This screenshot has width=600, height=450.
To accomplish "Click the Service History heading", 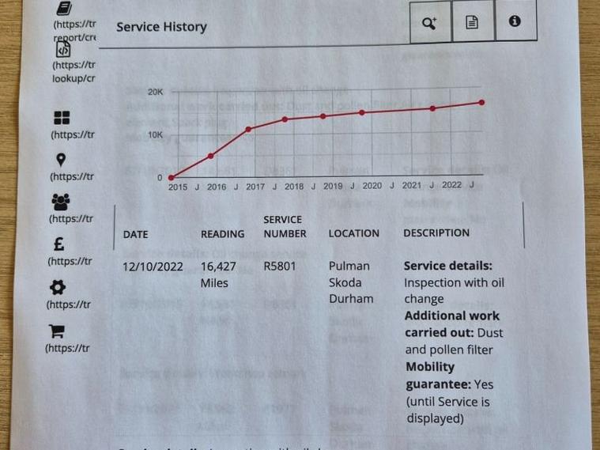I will (161, 27).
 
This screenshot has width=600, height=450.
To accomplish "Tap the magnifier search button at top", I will (429, 22).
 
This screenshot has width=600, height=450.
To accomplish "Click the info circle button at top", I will (515, 21).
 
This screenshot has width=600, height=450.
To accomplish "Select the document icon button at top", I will (472, 22).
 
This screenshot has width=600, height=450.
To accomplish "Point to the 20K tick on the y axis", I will (155, 93).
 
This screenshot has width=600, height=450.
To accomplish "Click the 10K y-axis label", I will (155, 135).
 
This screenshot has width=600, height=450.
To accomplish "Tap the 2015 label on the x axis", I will (179, 187).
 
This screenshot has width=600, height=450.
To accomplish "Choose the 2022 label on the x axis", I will (451, 186).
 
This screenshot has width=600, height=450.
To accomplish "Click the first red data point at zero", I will (172, 177).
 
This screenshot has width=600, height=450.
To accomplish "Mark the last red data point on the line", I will (481, 103).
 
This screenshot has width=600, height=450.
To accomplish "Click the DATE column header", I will (135, 235).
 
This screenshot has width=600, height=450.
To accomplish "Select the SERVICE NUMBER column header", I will (285, 227).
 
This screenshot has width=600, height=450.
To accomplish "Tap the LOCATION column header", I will (353, 234).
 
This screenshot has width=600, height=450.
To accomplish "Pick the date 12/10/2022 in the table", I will (153, 267).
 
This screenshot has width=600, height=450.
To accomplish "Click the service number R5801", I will (280, 267).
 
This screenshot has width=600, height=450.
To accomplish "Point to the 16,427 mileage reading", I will (219, 267).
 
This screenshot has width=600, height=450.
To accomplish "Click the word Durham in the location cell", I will (351, 299).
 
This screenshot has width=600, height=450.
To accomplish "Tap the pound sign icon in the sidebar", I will (60, 245).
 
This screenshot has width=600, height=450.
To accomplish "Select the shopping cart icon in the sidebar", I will (58, 331).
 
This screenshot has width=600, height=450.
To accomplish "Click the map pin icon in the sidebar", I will (61, 160).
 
